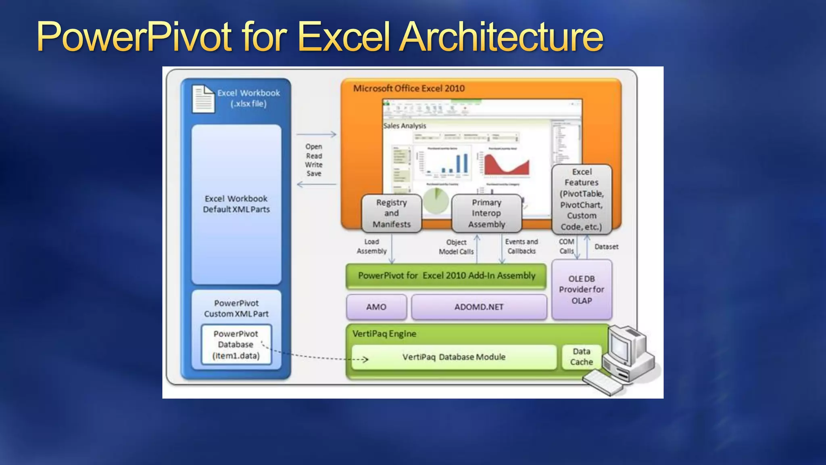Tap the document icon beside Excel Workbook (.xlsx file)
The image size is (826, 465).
[x=203, y=99]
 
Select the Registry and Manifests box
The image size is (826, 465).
[x=392, y=214]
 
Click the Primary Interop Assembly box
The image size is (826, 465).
[x=486, y=214]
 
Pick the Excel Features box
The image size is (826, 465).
[x=581, y=199]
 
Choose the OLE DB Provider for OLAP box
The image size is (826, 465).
[x=581, y=290]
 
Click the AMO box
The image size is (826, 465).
[x=376, y=307]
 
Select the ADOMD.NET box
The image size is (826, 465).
[x=479, y=307]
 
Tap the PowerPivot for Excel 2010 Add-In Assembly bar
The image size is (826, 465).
[x=446, y=276]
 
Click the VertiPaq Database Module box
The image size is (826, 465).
[x=454, y=357]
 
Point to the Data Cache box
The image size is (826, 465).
[x=581, y=357]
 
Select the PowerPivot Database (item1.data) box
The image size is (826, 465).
[x=236, y=345]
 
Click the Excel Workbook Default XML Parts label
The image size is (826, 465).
[x=236, y=204]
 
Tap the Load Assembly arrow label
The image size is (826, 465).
[x=371, y=246]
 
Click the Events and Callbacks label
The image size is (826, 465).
[x=521, y=246]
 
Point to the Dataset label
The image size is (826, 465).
[x=606, y=247]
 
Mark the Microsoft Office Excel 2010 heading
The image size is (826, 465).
[x=409, y=88]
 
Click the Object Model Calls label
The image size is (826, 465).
[x=456, y=247]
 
